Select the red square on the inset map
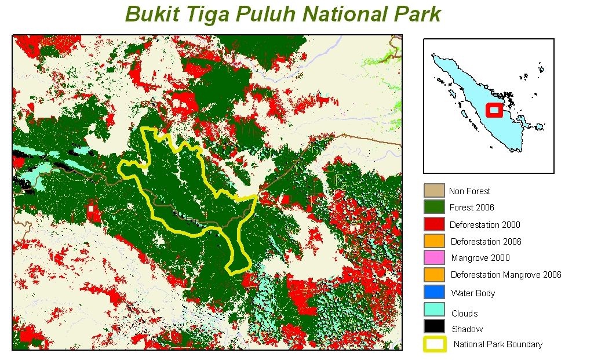[x=494, y=110]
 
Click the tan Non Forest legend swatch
[x=434, y=191]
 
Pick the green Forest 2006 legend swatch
[x=434, y=207]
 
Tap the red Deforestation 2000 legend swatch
[x=434, y=224]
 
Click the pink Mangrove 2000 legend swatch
[x=434, y=257]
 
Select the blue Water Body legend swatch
[x=434, y=292]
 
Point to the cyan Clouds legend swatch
[x=434, y=310]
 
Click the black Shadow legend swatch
[x=434, y=326]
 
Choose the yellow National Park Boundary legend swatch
[x=435, y=344]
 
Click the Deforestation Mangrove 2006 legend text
[x=506, y=275]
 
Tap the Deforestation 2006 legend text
[x=486, y=241]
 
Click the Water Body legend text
[x=473, y=293]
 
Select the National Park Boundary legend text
[x=498, y=344]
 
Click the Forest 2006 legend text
[x=472, y=208]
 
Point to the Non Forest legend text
[x=469, y=191]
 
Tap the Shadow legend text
[x=467, y=329]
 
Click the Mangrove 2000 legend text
[x=480, y=258]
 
